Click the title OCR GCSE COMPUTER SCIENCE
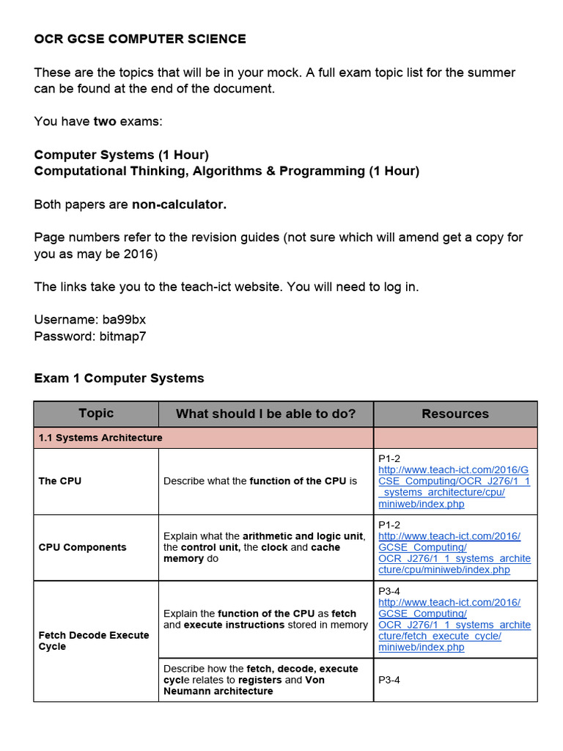pos(140,40)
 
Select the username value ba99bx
pos(129,320)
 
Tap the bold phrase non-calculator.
pos(179,205)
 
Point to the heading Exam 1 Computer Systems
pos(119,378)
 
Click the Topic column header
pos(96,414)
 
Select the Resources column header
pos(455,414)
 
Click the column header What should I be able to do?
pos(265,414)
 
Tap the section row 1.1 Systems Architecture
pos(100,438)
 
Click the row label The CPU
pos(60,481)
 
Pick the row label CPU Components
pos(82,547)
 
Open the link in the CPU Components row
pos(454,553)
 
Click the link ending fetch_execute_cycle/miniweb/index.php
pos(454,625)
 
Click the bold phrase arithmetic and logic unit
pos(303,536)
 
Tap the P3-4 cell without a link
pos(390,680)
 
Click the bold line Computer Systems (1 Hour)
pos(122,155)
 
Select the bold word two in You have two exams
pos(105,122)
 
